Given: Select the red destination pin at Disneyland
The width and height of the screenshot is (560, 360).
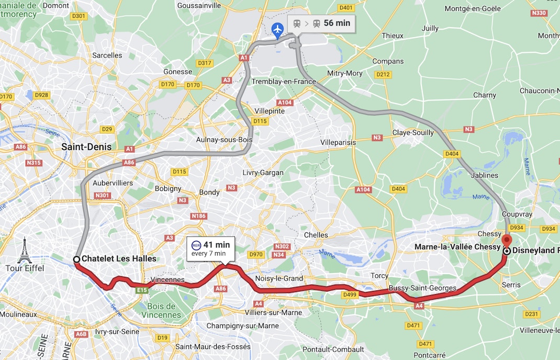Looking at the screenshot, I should point(506,241).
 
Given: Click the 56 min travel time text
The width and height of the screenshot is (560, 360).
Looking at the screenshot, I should point(337,23).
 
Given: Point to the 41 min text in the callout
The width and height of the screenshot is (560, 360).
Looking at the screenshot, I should point(217,245).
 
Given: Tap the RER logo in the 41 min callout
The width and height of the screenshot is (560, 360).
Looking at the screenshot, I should point(196,245).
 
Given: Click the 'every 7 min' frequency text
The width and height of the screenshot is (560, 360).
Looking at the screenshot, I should point(208,254).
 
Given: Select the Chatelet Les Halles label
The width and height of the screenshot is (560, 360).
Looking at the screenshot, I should point(119,259).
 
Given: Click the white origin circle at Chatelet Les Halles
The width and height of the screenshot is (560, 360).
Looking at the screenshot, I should point(76,259).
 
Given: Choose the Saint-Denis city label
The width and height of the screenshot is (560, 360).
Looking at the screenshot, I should point(86,147).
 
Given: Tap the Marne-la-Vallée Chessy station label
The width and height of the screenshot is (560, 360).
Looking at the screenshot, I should point(457,247).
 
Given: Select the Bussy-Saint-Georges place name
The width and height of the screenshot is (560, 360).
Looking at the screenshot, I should point(422,288).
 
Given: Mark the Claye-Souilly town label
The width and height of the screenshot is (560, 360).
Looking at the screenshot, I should point(413,133).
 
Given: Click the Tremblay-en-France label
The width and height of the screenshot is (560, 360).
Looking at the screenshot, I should point(284,82).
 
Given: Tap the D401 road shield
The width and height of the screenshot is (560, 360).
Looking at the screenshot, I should point(346,8).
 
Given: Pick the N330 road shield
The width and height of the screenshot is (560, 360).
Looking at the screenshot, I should point(539,13).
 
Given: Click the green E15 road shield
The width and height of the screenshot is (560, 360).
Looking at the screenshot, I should point(141,290).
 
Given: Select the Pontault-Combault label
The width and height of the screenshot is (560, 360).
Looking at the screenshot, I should point(333,349).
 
